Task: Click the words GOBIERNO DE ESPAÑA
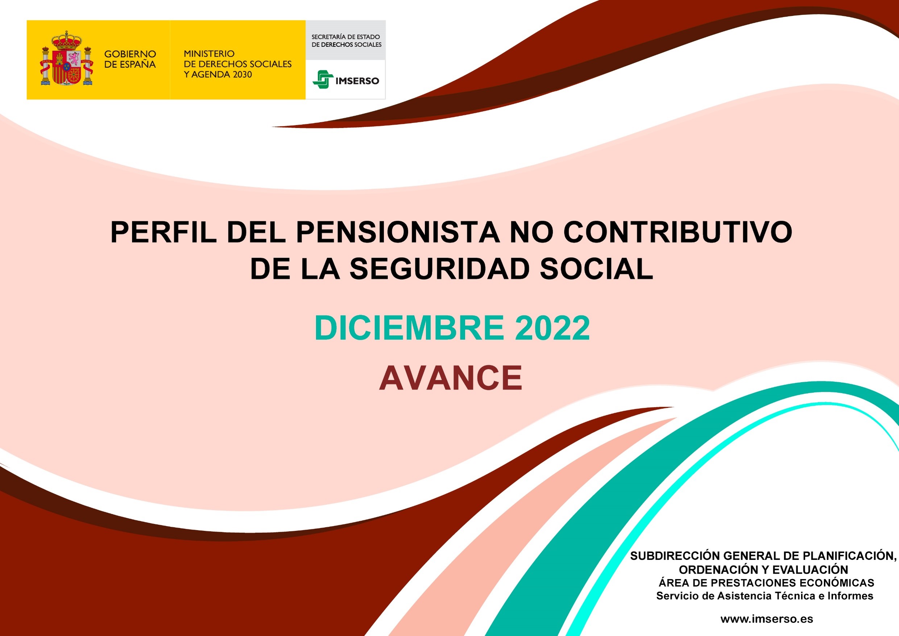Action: tap(130, 59)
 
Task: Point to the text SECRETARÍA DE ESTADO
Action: tap(345, 37)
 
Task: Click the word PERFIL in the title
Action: tap(163, 233)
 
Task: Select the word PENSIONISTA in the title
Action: tap(398, 233)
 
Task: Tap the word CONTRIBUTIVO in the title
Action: tap(678, 233)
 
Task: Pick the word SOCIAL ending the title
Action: tap(596, 269)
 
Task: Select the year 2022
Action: tap(552, 328)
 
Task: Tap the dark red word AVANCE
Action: tap(451, 378)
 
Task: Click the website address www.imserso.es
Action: tap(767, 619)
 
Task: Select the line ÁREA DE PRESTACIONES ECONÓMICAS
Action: tap(766, 583)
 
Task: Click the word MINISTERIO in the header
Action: tap(209, 54)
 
